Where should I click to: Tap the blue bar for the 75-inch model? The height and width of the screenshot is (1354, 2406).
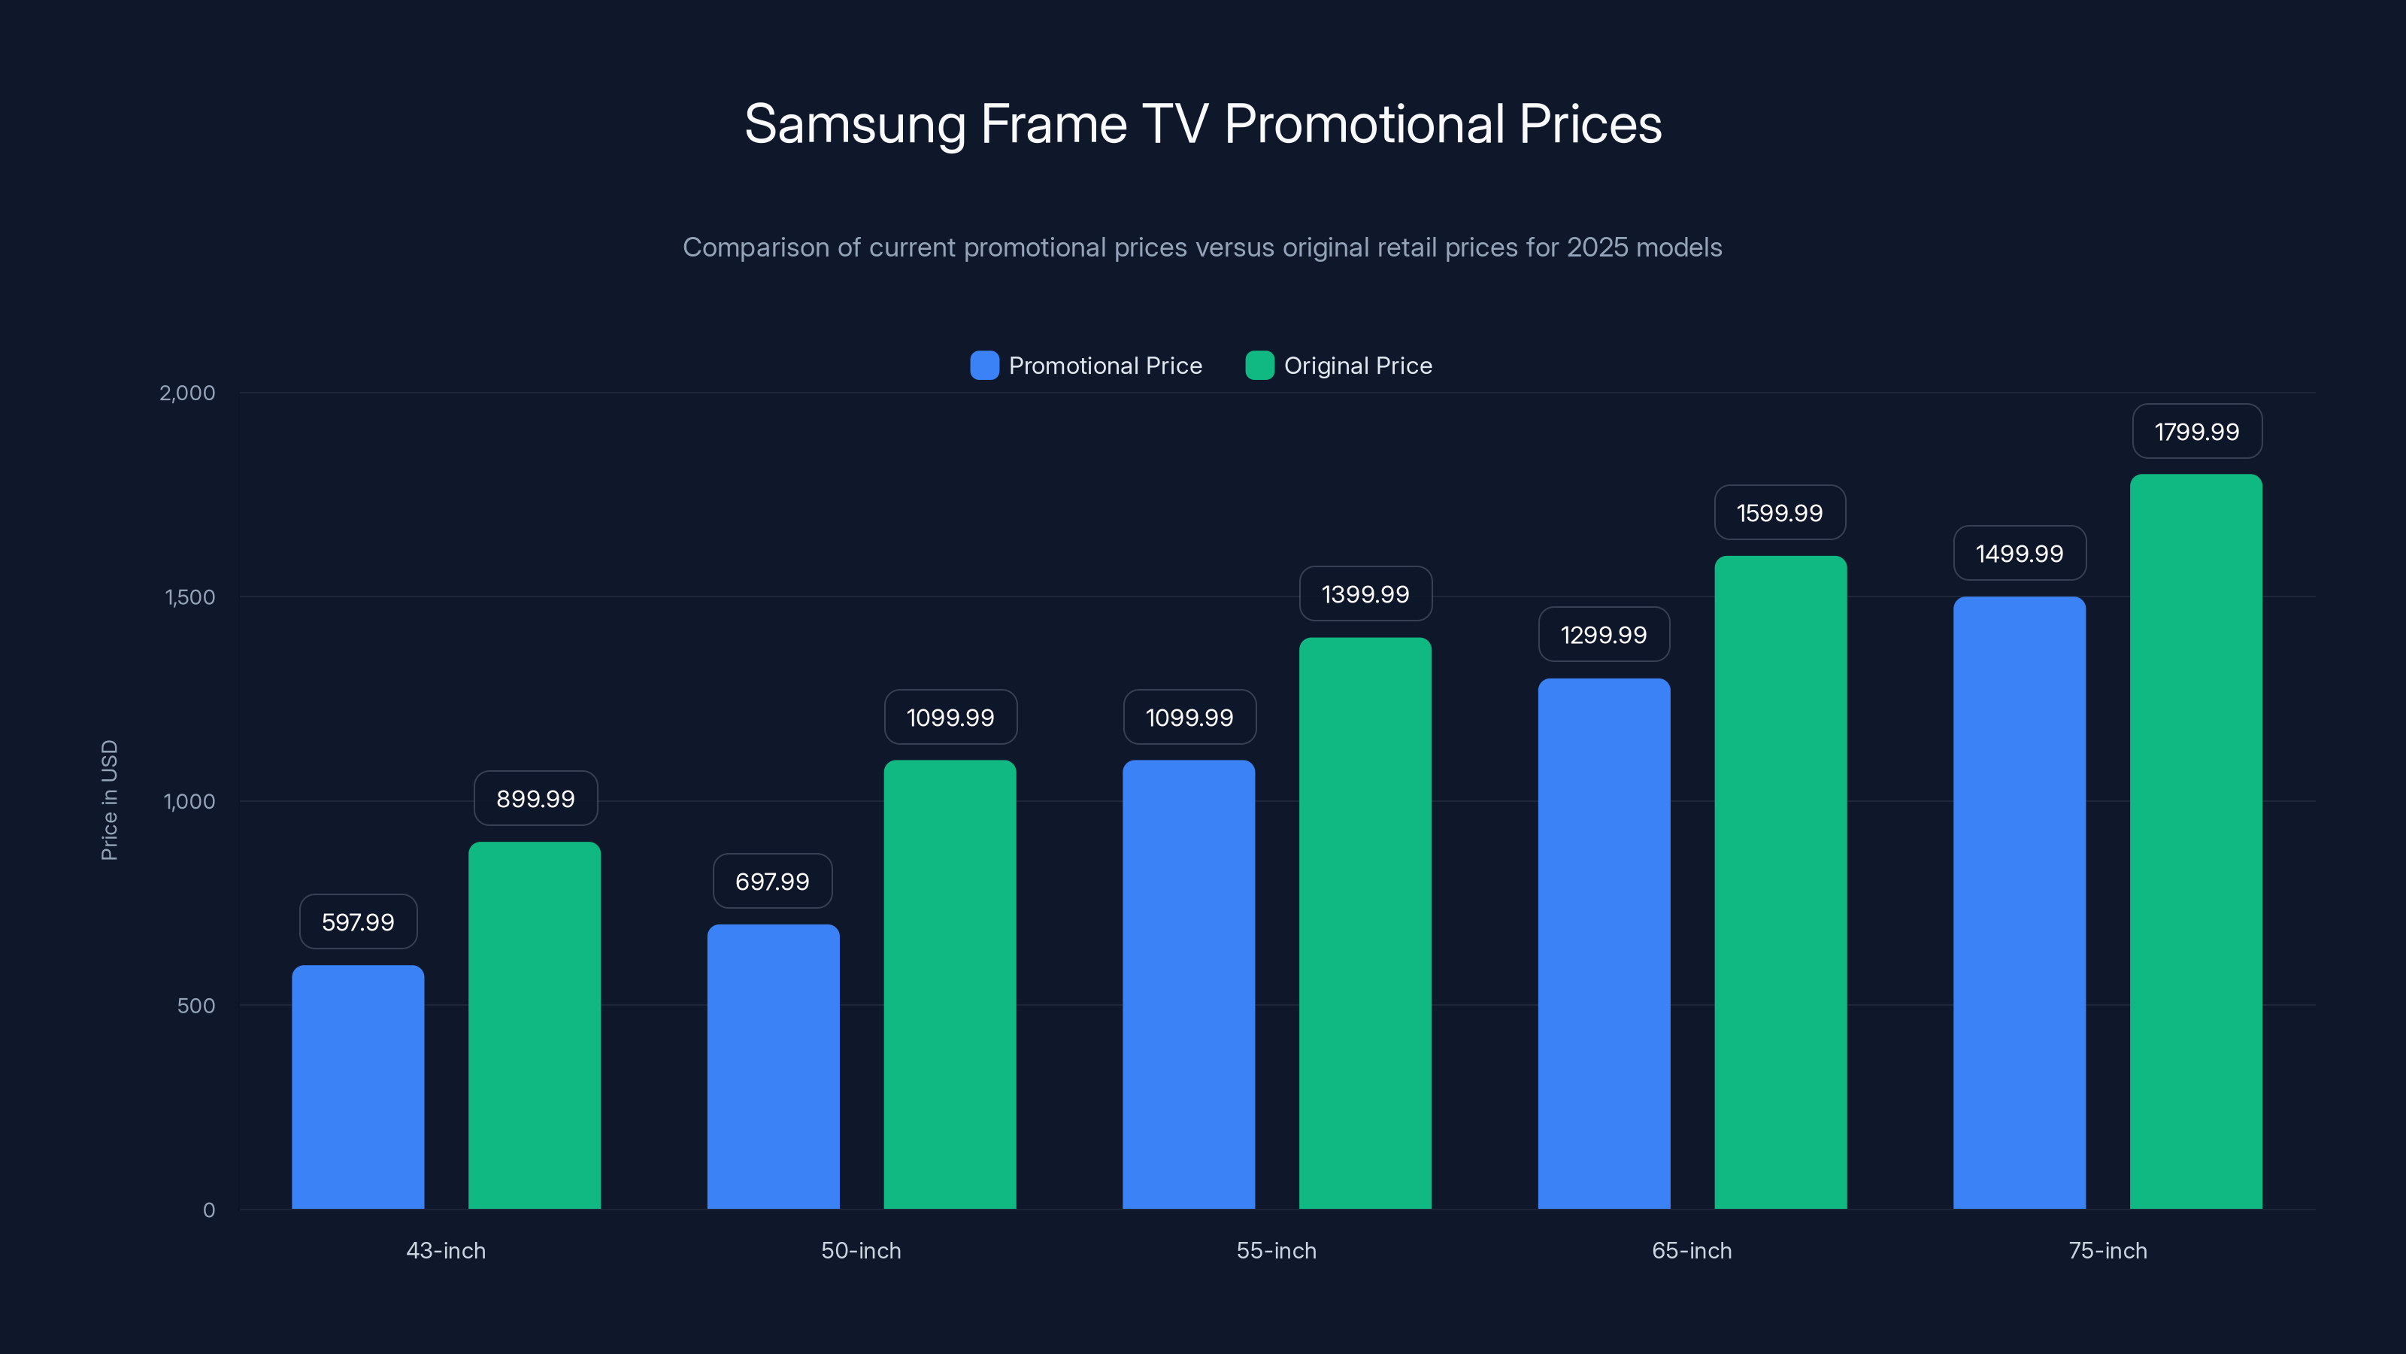(x=2020, y=903)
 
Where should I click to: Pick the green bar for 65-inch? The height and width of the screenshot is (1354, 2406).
(x=1780, y=882)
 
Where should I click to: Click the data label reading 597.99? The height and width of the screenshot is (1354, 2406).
(x=358, y=922)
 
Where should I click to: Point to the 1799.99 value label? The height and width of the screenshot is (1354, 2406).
(x=2197, y=432)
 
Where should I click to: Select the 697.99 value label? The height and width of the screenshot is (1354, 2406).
(x=772, y=881)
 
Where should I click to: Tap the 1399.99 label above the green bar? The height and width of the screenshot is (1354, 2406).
(x=1365, y=594)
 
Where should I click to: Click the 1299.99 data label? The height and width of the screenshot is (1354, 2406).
(x=1604, y=636)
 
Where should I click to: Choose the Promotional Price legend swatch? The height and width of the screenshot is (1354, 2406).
(x=984, y=366)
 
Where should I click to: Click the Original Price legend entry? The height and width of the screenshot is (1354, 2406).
(x=1357, y=366)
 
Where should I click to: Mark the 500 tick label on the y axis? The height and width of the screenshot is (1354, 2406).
(x=196, y=1006)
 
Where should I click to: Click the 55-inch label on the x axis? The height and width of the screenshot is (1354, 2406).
(x=1276, y=1250)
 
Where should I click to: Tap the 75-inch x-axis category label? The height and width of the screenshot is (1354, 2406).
(x=2107, y=1250)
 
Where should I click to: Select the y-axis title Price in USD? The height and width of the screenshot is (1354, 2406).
(x=109, y=800)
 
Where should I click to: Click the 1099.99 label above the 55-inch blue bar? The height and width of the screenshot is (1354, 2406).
(x=1189, y=718)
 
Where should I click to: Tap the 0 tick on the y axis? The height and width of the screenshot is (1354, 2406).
(x=209, y=1210)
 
